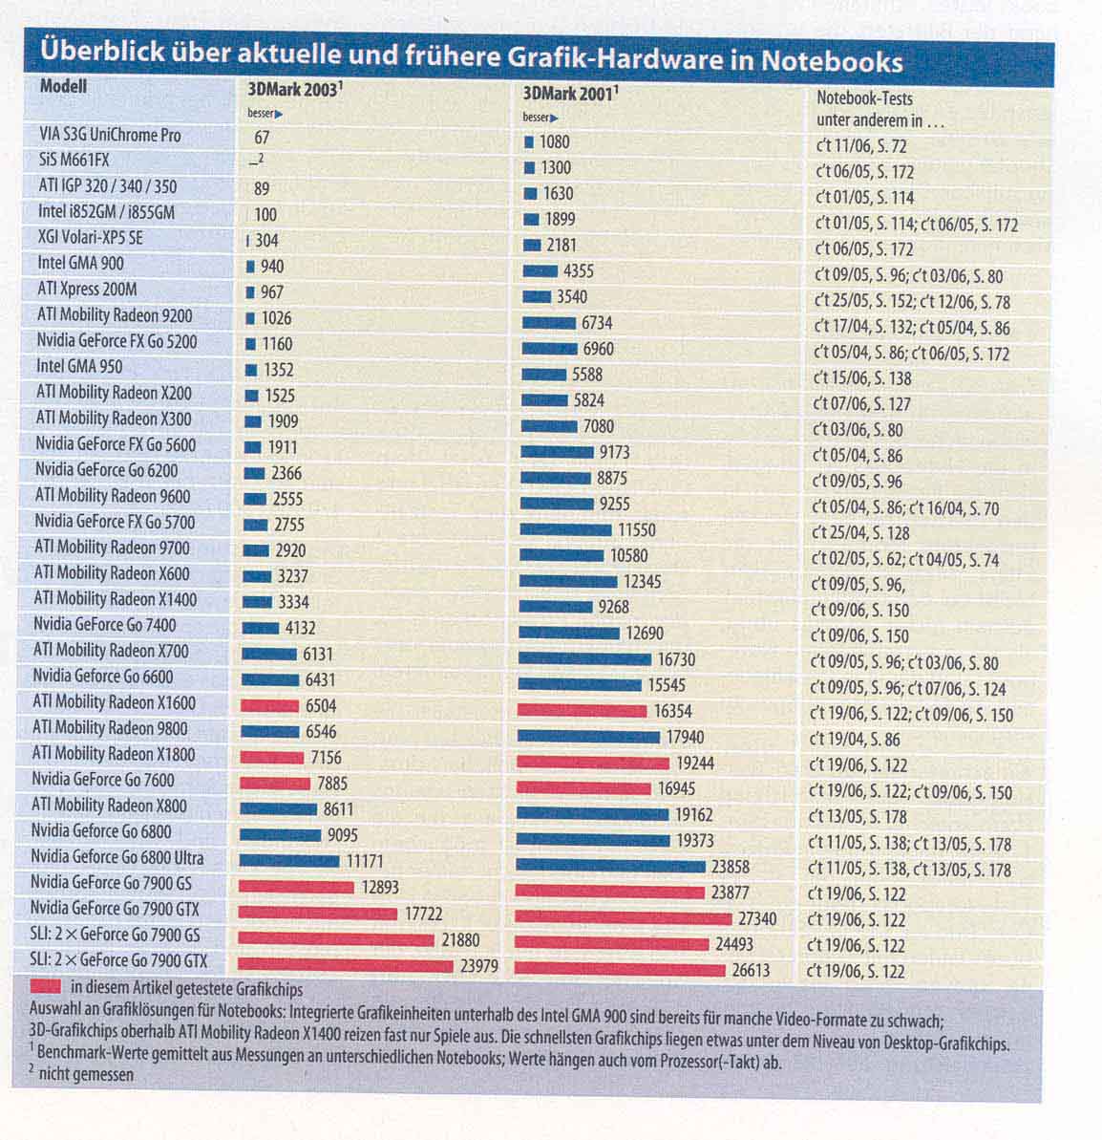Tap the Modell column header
63,86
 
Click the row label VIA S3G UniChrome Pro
110,136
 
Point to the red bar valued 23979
346,965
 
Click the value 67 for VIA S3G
262,138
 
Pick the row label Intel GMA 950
79,366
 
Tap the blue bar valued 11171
288,861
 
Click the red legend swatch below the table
47,985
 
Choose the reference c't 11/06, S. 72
860,146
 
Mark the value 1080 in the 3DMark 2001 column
554,142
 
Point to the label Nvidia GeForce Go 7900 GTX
115,909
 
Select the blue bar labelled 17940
587,737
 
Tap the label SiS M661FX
74,161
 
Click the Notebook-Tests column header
865,97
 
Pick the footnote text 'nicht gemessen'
86,1074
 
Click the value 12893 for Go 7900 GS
380,888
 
